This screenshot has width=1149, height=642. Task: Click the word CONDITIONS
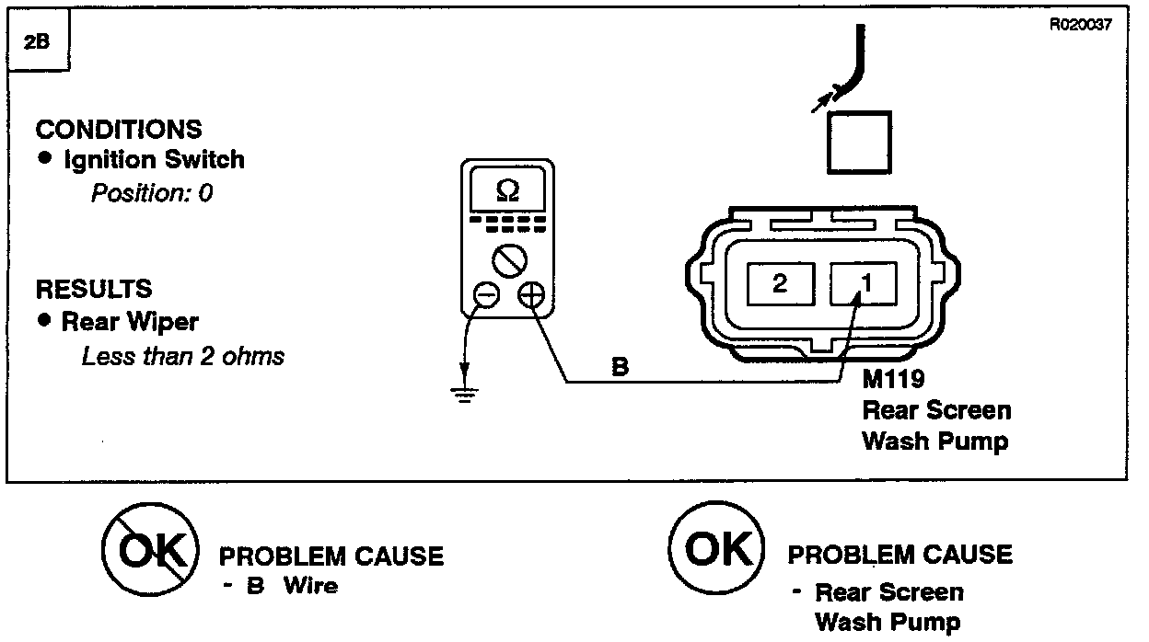[x=119, y=129]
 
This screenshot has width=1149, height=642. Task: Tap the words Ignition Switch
[x=154, y=159]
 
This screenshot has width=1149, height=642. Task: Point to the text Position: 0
[x=152, y=193]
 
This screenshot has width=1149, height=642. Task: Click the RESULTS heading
[x=94, y=289]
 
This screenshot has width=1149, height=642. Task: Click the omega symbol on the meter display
[x=507, y=190]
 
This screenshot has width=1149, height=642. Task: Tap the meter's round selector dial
[x=508, y=260]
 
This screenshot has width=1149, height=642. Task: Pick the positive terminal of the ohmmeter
[x=531, y=295]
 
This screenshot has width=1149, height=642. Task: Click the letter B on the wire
[x=621, y=367]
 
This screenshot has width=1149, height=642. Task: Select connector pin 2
[x=780, y=283]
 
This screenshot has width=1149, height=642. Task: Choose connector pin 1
[x=865, y=283]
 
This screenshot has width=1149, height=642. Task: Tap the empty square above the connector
[x=859, y=143]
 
